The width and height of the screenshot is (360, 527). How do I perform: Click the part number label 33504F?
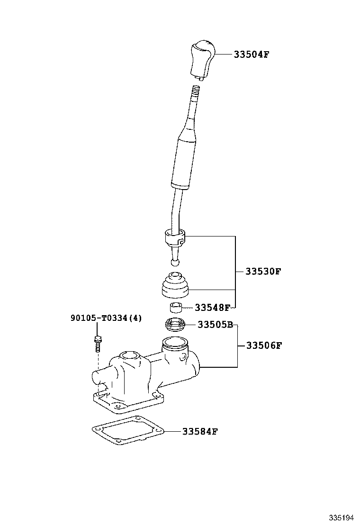point(251,54)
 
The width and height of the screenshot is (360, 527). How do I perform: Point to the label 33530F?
point(263,272)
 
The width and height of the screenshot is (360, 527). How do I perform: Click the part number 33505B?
point(215,325)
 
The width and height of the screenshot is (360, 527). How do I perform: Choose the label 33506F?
point(264,345)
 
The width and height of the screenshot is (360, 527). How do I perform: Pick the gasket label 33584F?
point(199,431)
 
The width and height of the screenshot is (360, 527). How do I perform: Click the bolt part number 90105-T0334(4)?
point(106,318)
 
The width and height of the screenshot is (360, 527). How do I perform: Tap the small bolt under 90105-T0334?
point(97,343)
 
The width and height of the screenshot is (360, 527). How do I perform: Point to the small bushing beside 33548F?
point(176,308)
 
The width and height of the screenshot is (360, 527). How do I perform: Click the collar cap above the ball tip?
point(174,237)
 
